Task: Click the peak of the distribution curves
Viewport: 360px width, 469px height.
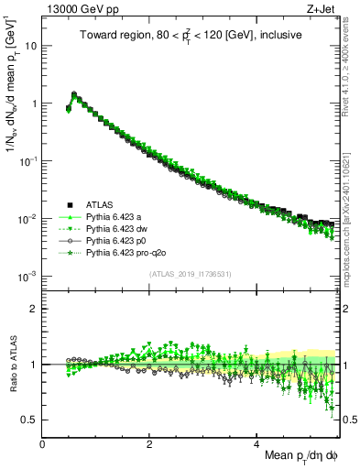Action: click(74, 93)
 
